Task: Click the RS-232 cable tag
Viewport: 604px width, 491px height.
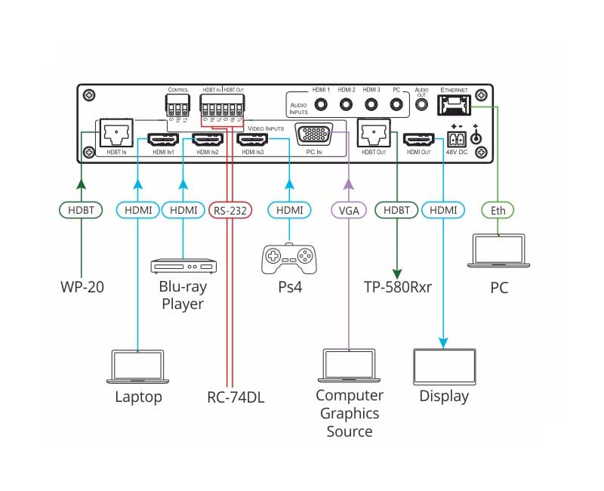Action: click(230, 210)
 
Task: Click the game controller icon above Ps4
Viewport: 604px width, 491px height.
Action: click(289, 258)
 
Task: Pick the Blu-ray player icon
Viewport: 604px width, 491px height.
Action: click(183, 265)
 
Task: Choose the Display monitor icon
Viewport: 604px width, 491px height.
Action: click(442, 368)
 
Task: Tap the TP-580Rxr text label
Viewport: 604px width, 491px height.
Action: click(397, 288)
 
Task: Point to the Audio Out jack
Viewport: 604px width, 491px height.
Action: click(421, 106)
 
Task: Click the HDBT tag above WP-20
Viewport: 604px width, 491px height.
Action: click(80, 210)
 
